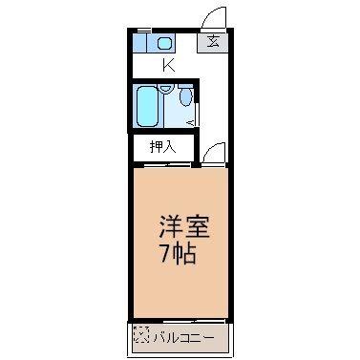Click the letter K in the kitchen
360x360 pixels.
pyautogui.click(x=168, y=65)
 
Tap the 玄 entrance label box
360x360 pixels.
pyautogui.click(x=211, y=42)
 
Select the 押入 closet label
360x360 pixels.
pyautogui.click(x=163, y=147)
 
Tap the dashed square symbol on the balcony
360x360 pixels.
pyautogui.click(x=141, y=335)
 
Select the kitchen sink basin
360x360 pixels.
pyautogui.click(x=163, y=43)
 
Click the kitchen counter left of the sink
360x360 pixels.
pyautogui.click(x=142, y=43)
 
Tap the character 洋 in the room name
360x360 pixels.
pyautogui.click(x=168, y=230)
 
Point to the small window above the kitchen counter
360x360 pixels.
pyautogui.click(x=153, y=32)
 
